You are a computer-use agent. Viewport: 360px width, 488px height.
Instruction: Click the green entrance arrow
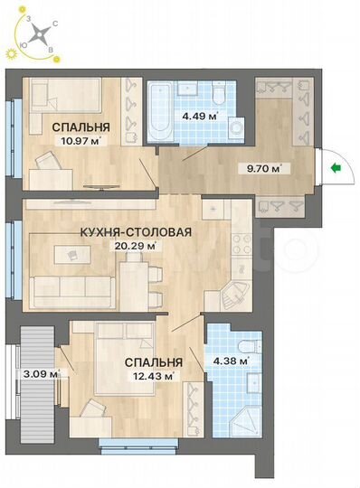coord(336,167)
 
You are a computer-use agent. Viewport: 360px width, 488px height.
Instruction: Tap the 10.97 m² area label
coord(79,141)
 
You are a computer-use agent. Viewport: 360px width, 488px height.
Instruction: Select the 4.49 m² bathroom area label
coord(200,116)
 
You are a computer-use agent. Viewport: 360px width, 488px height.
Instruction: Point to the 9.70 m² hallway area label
coord(263,168)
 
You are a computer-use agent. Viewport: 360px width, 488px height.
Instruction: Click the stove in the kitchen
coord(242,244)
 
